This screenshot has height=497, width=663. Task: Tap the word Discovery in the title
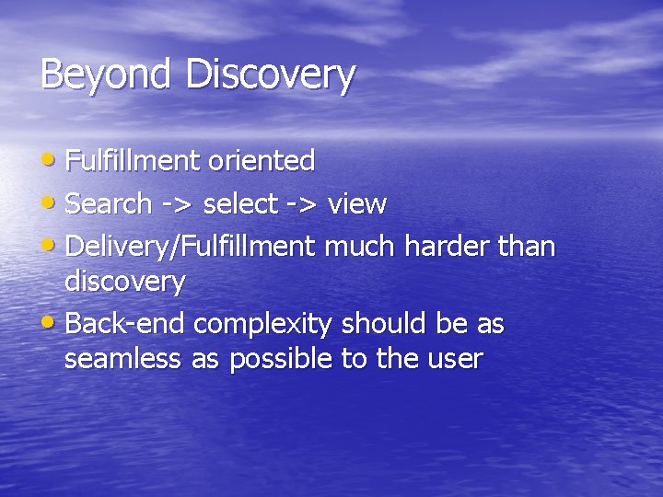click(x=270, y=75)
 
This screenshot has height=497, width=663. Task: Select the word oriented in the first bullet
click(x=262, y=161)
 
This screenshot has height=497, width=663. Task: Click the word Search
click(x=110, y=203)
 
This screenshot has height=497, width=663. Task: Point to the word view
click(x=356, y=203)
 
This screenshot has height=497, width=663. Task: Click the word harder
click(x=447, y=247)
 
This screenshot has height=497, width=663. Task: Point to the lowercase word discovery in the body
click(x=124, y=282)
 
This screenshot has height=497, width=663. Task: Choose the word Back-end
click(x=126, y=324)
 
